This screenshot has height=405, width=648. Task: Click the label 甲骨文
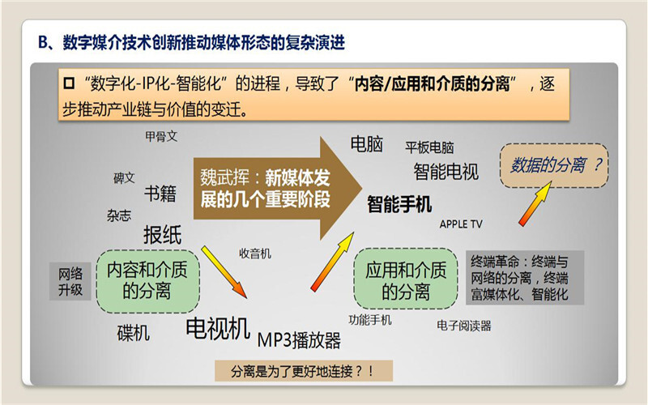[161, 136]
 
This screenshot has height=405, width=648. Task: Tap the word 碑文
[125, 178]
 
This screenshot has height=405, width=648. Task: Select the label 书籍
[160, 194]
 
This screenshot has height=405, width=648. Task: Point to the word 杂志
[119, 215]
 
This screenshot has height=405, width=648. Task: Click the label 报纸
[163, 235]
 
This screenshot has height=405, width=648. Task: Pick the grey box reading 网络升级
[70, 281]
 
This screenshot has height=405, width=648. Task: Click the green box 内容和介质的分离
[148, 281]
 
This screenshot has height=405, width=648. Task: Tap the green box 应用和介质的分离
[406, 279]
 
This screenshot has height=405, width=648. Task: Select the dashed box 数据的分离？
[554, 165]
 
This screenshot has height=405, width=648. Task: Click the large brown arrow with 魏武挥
[277, 189]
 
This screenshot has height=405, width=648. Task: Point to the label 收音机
[255, 254]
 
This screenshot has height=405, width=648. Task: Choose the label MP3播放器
[299, 340]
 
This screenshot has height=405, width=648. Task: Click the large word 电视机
[218, 329]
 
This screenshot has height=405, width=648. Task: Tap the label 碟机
[133, 333]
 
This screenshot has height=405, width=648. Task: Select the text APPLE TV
[461, 224]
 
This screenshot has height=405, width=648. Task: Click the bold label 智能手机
[399, 204]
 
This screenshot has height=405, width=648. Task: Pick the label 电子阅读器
[463, 326]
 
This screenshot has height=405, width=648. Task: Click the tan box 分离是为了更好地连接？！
[304, 371]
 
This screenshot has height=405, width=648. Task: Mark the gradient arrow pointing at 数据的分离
[535, 204]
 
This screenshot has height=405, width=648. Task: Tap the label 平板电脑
[429, 147]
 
